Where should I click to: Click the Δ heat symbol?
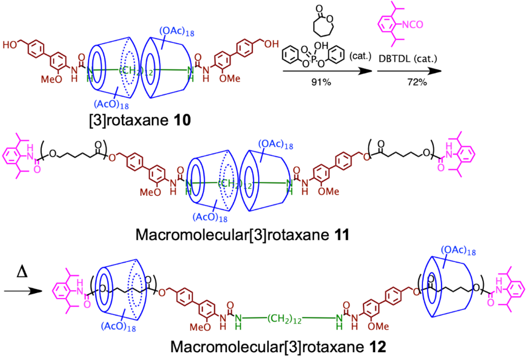click(x=22, y=273)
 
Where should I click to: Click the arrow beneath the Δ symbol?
click(x=23, y=291)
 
